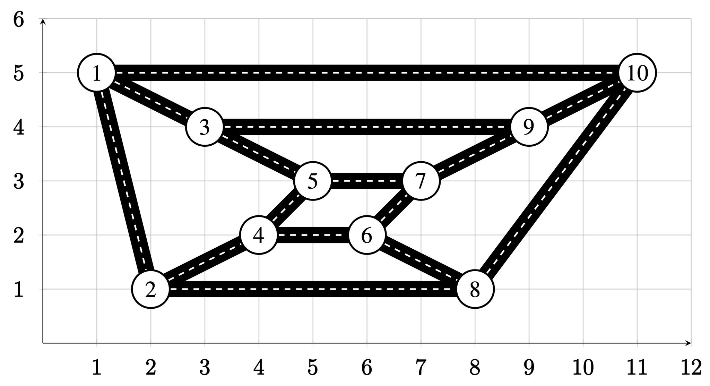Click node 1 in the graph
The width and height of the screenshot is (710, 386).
pos(96,73)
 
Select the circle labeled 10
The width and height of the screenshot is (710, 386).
pos(637,73)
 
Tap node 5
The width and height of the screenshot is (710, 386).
pos(313,181)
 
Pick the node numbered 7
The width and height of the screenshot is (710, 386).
pos(421,181)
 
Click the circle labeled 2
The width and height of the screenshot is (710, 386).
pos(150,289)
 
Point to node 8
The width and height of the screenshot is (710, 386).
pos(475,289)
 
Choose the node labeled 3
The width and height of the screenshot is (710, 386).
pos(205,127)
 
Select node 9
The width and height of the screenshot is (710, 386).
pos(529,127)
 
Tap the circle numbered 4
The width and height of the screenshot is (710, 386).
pos(259,235)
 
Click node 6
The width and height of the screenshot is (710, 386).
pos(367,235)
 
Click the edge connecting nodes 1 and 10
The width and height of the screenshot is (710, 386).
pos(367,73)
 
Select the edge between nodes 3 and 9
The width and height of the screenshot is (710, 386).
pos(367,127)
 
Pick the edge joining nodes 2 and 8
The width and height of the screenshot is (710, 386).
pos(313,289)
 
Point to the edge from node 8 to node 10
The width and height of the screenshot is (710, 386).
pos(556,181)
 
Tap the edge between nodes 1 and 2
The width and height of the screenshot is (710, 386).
pos(123,181)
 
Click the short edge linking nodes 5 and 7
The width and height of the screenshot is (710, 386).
pos(367,181)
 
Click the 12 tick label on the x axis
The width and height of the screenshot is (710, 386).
pos(691,368)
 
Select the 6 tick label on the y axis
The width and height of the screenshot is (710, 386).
pos(19,19)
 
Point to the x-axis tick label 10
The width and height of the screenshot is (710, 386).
pos(583,368)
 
